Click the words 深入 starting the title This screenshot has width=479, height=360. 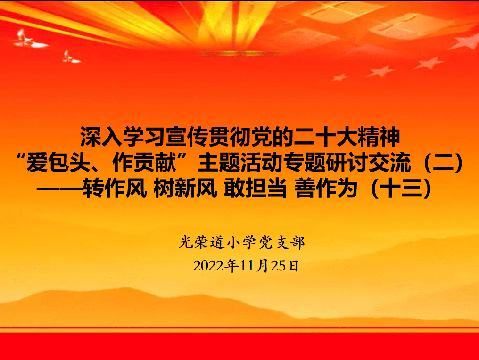tap(101, 137)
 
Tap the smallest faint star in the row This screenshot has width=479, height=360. tap(339, 77)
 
